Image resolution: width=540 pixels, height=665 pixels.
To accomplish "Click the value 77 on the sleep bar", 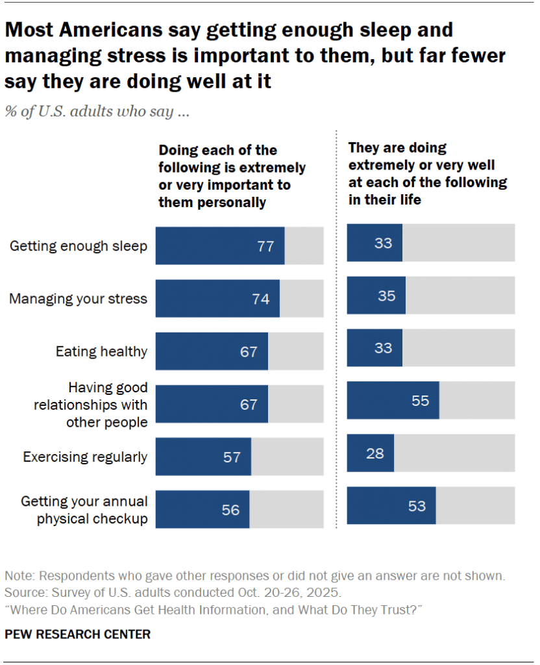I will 265,246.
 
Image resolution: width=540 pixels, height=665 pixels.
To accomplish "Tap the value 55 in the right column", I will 420,401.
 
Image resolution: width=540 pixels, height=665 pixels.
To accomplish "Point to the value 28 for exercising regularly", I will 374,453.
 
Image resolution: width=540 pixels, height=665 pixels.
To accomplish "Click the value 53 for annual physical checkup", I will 417,506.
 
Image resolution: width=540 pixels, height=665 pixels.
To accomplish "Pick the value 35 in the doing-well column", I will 386,295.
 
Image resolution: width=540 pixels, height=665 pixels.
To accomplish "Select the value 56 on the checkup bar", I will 230,510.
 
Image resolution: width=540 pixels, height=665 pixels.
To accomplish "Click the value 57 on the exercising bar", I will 232,457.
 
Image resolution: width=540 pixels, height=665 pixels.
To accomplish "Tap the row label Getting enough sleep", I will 79,246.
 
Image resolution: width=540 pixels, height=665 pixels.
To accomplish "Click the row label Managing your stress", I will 79,299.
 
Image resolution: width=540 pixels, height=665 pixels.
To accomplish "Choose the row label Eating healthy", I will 101,351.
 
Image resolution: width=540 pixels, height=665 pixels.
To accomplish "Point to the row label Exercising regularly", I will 85,457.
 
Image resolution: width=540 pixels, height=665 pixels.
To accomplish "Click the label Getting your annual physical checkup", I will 84,510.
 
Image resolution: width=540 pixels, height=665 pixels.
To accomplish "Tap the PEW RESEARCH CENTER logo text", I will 77,634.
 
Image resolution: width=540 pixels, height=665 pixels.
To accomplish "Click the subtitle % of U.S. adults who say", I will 97,111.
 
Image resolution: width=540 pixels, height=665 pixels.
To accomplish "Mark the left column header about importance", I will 232,176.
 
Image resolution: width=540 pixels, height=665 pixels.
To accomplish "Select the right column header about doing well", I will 427,173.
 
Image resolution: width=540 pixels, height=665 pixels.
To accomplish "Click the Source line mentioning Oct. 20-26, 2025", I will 172,593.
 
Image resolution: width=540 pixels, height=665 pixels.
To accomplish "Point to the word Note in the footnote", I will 18,576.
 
